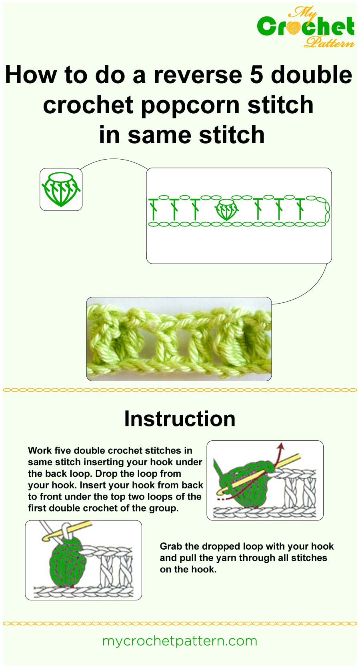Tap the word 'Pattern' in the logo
(x=329, y=42)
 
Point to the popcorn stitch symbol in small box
(x=61, y=189)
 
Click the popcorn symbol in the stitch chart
(x=226, y=209)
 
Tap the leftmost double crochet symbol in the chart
(x=153, y=209)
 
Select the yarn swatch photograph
(x=179, y=339)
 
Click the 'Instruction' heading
(x=180, y=419)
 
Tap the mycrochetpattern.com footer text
(x=180, y=641)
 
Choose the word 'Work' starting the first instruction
(x=40, y=450)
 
